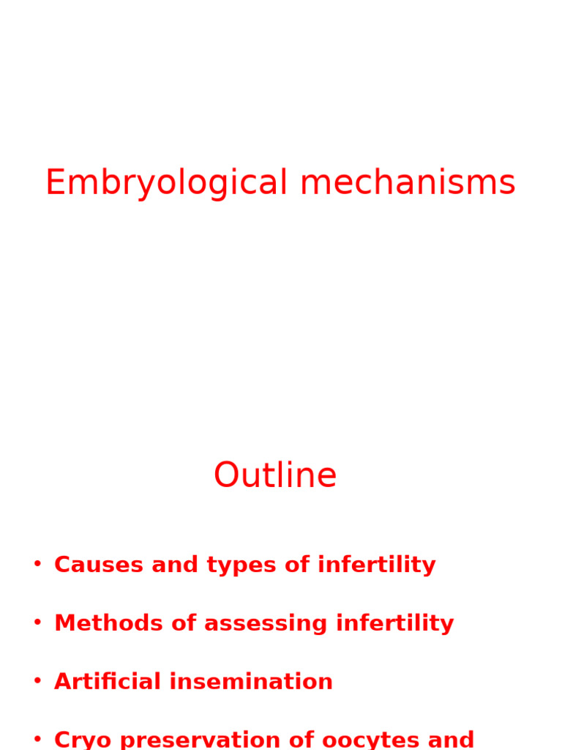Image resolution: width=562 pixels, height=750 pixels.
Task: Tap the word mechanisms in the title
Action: pos(408,183)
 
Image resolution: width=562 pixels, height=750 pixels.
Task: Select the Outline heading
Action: pos(275,476)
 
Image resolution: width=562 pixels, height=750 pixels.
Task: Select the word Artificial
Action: pos(107,682)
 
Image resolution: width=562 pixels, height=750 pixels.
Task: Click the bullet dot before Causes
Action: pos(37,564)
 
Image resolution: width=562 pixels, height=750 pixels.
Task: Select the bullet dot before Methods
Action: pos(37,623)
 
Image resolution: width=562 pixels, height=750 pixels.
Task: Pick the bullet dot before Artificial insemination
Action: pos(37,681)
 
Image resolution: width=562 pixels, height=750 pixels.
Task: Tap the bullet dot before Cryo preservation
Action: pos(37,738)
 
